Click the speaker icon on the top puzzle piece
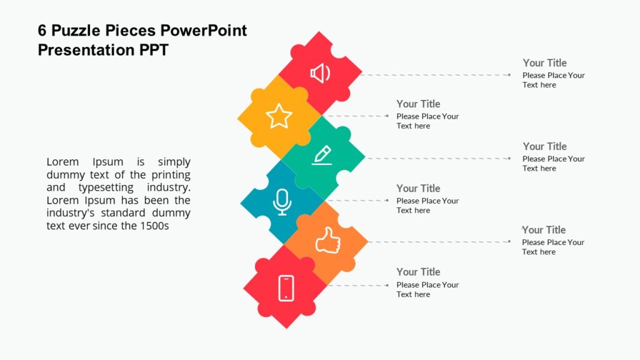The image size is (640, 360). pyautogui.click(x=320, y=74)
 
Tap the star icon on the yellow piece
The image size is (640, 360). pyautogui.click(x=279, y=116)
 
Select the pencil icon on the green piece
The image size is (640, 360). pyautogui.click(x=322, y=155)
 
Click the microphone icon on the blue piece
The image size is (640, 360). pyautogui.click(x=282, y=202)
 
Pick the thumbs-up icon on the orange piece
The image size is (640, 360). pyautogui.click(x=327, y=241)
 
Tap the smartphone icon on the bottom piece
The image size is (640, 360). pyautogui.click(x=286, y=288)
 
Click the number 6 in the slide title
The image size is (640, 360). pyautogui.click(x=42, y=31)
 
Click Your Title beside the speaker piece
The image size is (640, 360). pyautogui.click(x=544, y=62)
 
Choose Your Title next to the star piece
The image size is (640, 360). pyautogui.click(x=418, y=104)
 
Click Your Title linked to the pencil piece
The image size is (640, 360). pyautogui.click(x=544, y=146)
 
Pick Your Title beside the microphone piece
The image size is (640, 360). pyautogui.click(x=418, y=188)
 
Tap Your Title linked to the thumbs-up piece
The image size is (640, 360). pyautogui.click(x=544, y=230)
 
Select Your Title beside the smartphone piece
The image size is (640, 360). pyautogui.click(x=418, y=272)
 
